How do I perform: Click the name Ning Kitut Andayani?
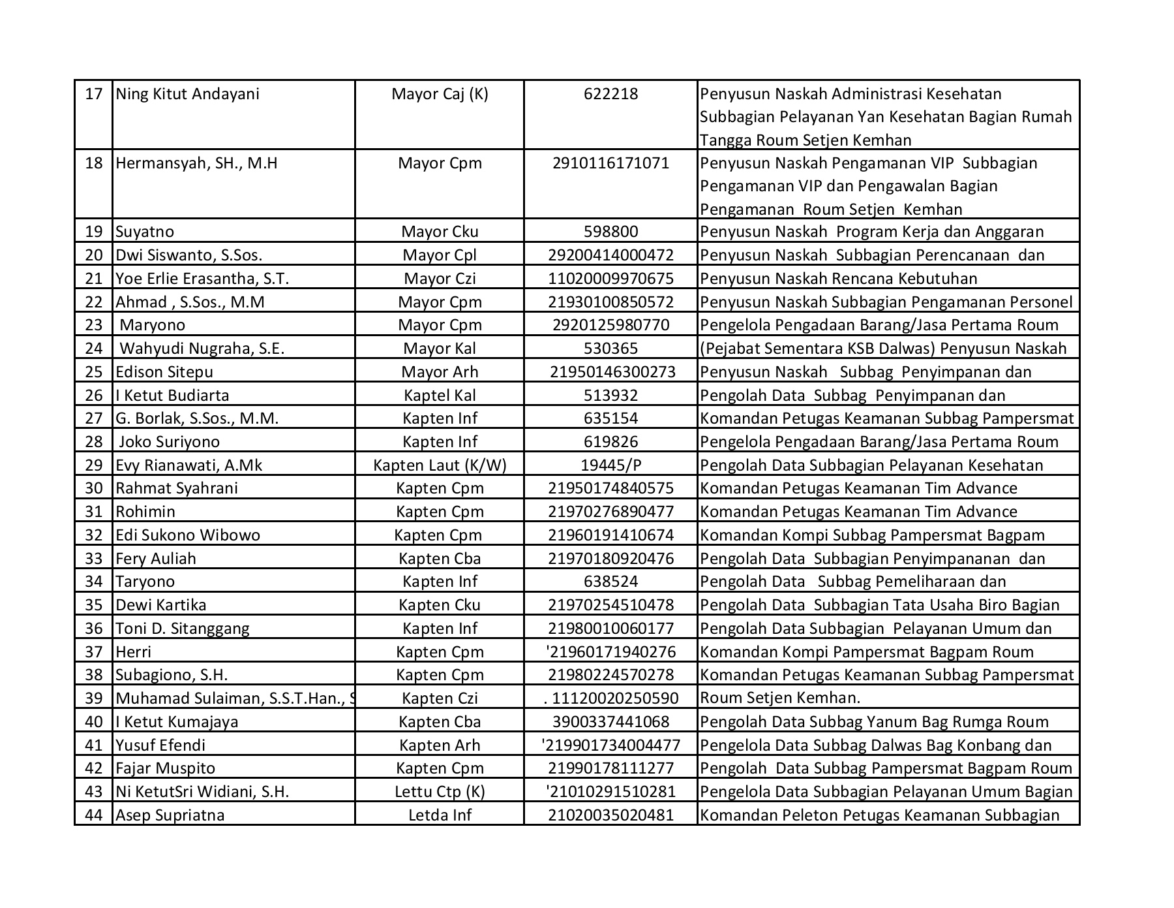187,94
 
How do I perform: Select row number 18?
94,163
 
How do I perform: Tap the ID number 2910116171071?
610,163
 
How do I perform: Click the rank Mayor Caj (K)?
440,94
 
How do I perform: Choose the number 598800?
610,232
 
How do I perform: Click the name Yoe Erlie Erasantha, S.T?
202,279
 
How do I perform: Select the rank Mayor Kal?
440,349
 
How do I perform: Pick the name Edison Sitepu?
164,372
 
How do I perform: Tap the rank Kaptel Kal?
440,396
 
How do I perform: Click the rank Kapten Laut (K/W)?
440,465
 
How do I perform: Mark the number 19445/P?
610,465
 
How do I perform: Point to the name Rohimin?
145,512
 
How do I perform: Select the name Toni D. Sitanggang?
183,629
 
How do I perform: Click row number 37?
94,652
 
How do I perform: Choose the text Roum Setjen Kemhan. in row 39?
780,698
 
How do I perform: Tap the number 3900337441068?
610,722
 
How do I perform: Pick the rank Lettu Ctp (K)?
440,792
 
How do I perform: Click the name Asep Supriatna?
170,815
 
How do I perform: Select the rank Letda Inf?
440,815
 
